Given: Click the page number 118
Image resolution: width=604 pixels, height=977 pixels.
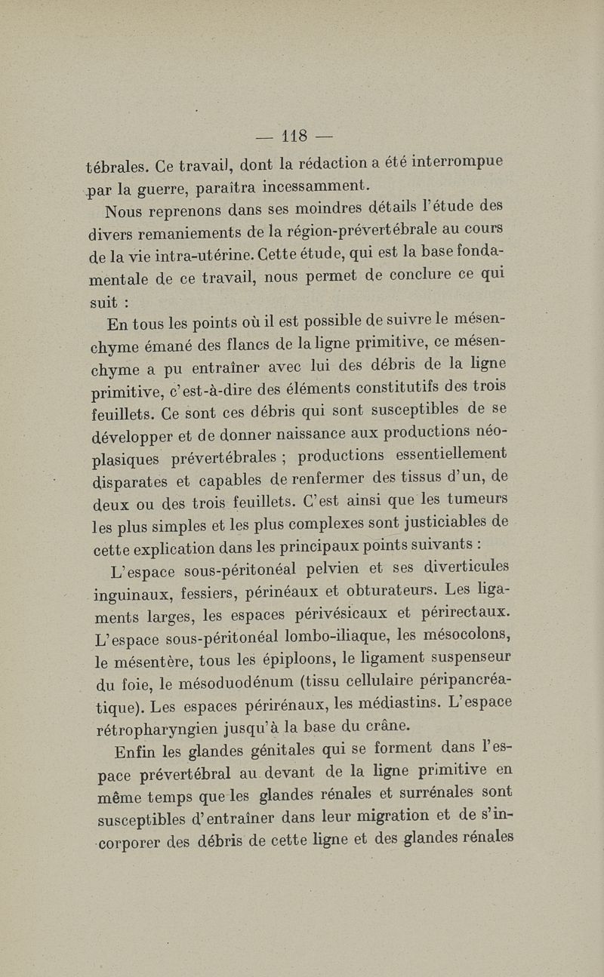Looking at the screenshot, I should tap(297, 138).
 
